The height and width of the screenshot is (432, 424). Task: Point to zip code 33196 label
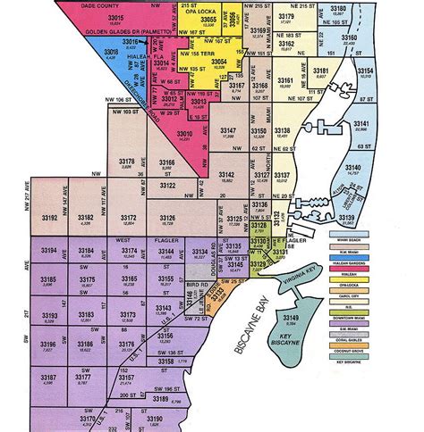pos(49,344)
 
